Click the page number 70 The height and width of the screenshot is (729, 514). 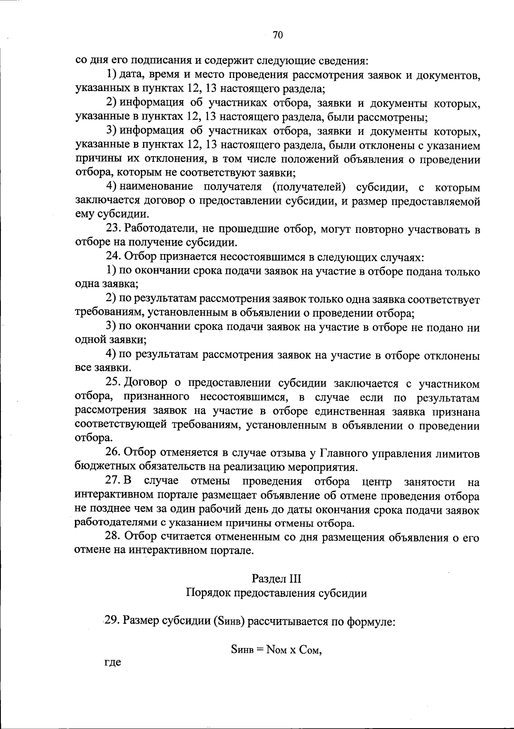tap(278, 36)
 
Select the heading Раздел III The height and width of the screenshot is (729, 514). tap(276, 579)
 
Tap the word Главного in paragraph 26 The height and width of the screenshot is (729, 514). tap(347, 453)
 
